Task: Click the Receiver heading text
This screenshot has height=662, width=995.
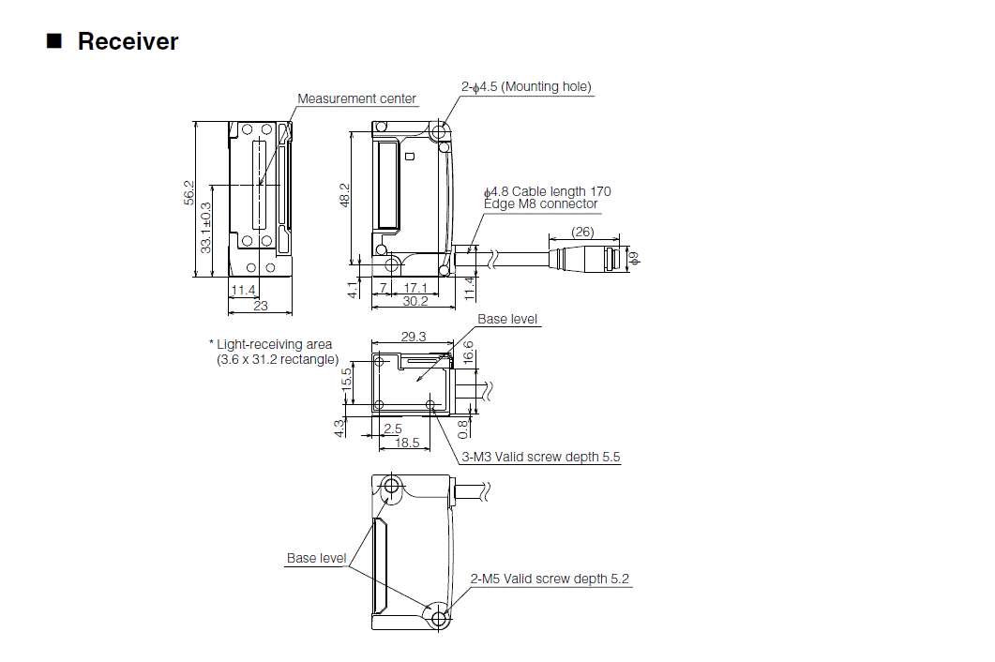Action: click(x=128, y=41)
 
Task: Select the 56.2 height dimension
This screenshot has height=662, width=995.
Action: click(x=188, y=192)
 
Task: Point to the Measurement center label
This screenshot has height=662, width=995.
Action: click(x=356, y=98)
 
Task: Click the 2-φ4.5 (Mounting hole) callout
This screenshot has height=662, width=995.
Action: click(x=526, y=86)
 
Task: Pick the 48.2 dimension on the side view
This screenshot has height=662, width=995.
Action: click(x=344, y=194)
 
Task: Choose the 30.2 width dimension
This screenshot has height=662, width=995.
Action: click(x=415, y=301)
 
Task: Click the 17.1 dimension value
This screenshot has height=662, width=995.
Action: click(x=415, y=288)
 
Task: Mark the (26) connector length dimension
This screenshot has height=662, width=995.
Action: click(x=582, y=232)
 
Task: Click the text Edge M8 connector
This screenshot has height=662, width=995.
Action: click(x=540, y=203)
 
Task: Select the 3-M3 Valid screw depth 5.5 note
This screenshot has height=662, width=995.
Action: click(x=541, y=457)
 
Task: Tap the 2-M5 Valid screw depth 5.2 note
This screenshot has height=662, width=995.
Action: click(x=550, y=579)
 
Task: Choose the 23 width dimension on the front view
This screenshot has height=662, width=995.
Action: click(x=261, y=305)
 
